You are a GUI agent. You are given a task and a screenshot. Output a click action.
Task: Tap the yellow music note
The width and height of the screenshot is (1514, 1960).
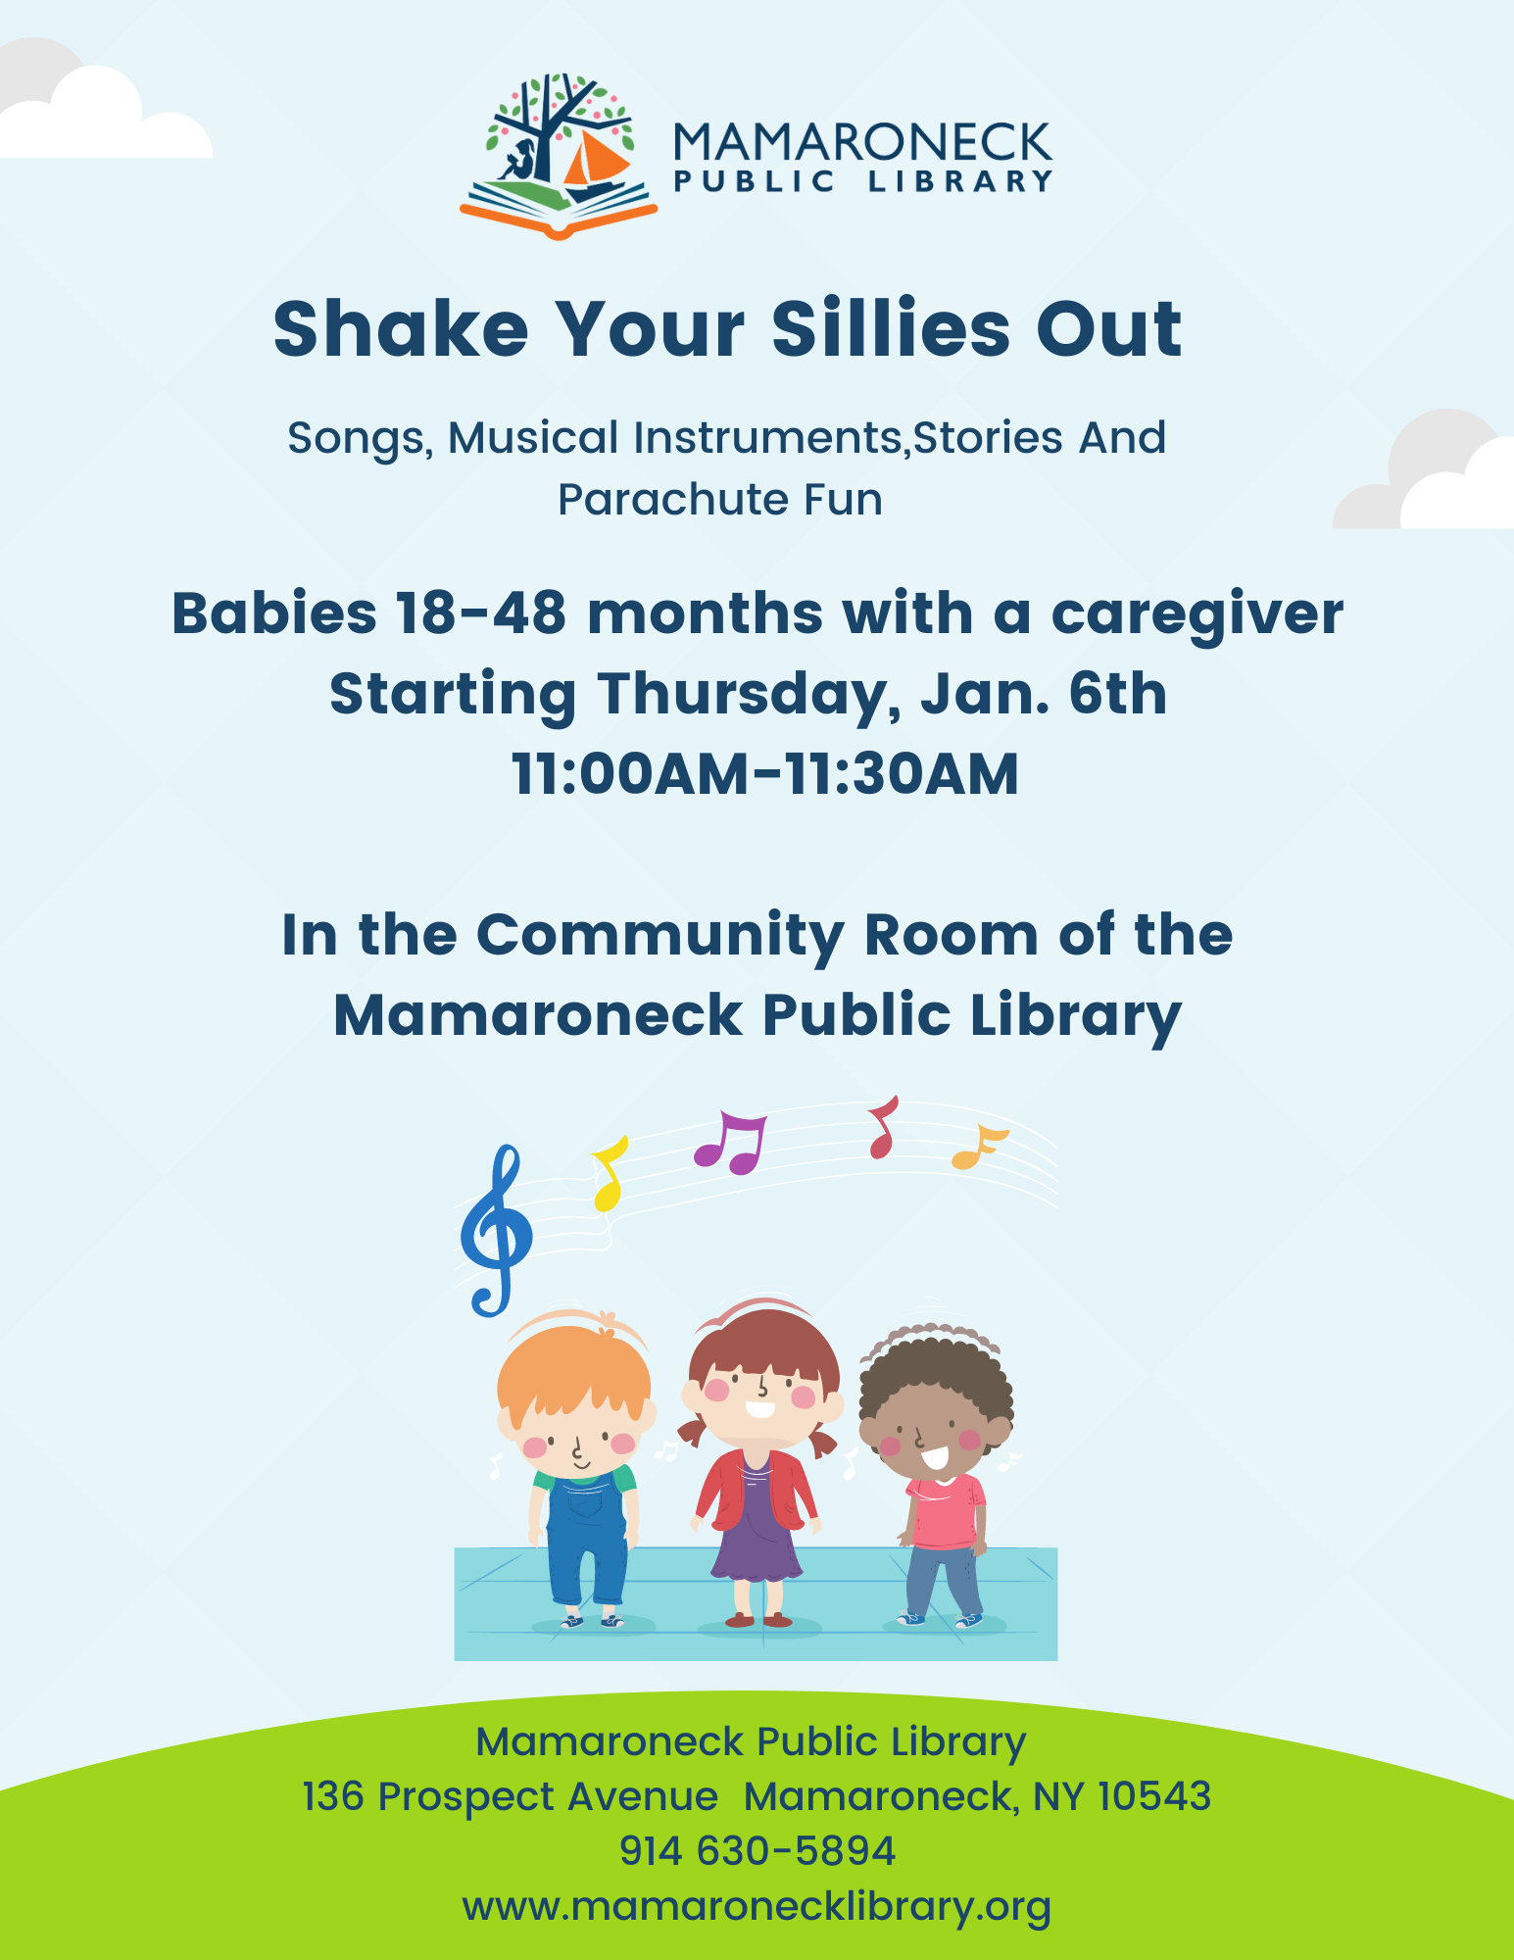click(x=609, y=1174)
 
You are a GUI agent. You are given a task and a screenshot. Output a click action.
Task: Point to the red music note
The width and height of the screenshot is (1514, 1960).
click(x=883, y=1127)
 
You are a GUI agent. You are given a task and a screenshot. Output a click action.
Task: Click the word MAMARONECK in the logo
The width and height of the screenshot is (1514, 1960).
click(x=862, y=143)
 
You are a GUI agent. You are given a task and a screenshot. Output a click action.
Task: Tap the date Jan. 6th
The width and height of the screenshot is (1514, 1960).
click(x=1043, y=694)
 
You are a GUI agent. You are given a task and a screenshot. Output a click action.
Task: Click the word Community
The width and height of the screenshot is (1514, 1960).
click(x=659, y=936)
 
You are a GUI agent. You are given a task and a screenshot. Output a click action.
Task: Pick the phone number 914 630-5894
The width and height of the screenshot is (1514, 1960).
click(x=757, y=1851)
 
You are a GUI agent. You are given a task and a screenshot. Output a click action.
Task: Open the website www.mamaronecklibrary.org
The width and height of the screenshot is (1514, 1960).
click(x=757, y=1907)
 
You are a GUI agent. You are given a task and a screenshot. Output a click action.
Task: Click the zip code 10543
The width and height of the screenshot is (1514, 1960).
click(x=1154, y=1796)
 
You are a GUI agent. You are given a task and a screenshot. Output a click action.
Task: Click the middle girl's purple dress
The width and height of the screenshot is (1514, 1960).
click(x=756, y=1521)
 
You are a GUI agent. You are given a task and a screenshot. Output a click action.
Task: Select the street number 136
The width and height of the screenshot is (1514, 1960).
click(x=333, y=1796)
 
